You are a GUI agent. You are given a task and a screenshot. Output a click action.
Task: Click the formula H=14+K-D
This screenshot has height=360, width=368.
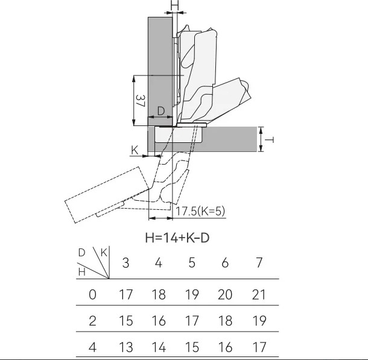(177, 238)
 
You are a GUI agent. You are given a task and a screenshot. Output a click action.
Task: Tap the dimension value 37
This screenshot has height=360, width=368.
(141, 101)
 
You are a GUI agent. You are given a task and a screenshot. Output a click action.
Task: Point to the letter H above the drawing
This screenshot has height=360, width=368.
(174, 5)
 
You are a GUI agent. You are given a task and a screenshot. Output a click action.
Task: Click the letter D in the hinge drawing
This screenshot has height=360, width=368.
(161, 111)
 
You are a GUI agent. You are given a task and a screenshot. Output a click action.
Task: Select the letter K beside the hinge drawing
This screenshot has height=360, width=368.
(135, 150)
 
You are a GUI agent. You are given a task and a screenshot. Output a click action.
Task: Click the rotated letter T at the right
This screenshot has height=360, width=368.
(269, 140)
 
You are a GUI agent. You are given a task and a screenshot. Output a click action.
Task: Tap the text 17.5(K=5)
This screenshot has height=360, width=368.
(200, 211)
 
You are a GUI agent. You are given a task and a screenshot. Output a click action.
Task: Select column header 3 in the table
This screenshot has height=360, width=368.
(126, 263)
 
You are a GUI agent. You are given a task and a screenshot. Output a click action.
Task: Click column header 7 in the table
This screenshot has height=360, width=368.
(259, 263)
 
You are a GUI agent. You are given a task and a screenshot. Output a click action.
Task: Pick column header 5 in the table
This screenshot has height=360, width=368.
(192, 263)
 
